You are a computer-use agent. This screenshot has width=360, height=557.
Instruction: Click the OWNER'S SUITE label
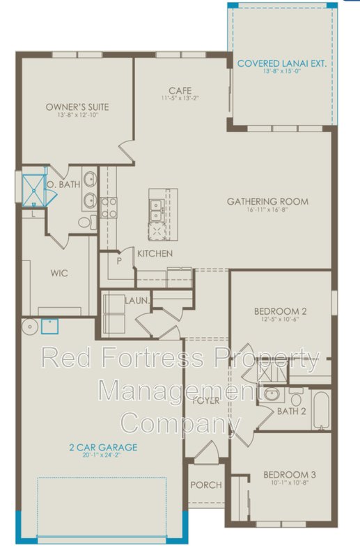click(77, 107)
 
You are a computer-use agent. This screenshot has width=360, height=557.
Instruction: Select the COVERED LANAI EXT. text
click(281, 63)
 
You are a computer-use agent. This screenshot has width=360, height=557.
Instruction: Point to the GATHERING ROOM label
click(267, 202)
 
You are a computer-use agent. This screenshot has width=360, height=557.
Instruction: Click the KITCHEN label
click(155, 253)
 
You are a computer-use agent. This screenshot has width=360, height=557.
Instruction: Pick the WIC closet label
click(59, 273)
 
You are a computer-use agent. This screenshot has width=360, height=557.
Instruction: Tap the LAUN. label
click(135, 300)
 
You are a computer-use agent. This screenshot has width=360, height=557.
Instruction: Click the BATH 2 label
click(292, 411)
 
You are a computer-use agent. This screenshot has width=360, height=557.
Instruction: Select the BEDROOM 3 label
click(289, 476)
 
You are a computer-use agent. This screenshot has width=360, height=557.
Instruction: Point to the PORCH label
click(205, 485)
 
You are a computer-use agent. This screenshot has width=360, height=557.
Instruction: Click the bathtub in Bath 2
click(322, 411)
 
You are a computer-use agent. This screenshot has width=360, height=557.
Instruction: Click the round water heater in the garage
click(29, 326)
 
